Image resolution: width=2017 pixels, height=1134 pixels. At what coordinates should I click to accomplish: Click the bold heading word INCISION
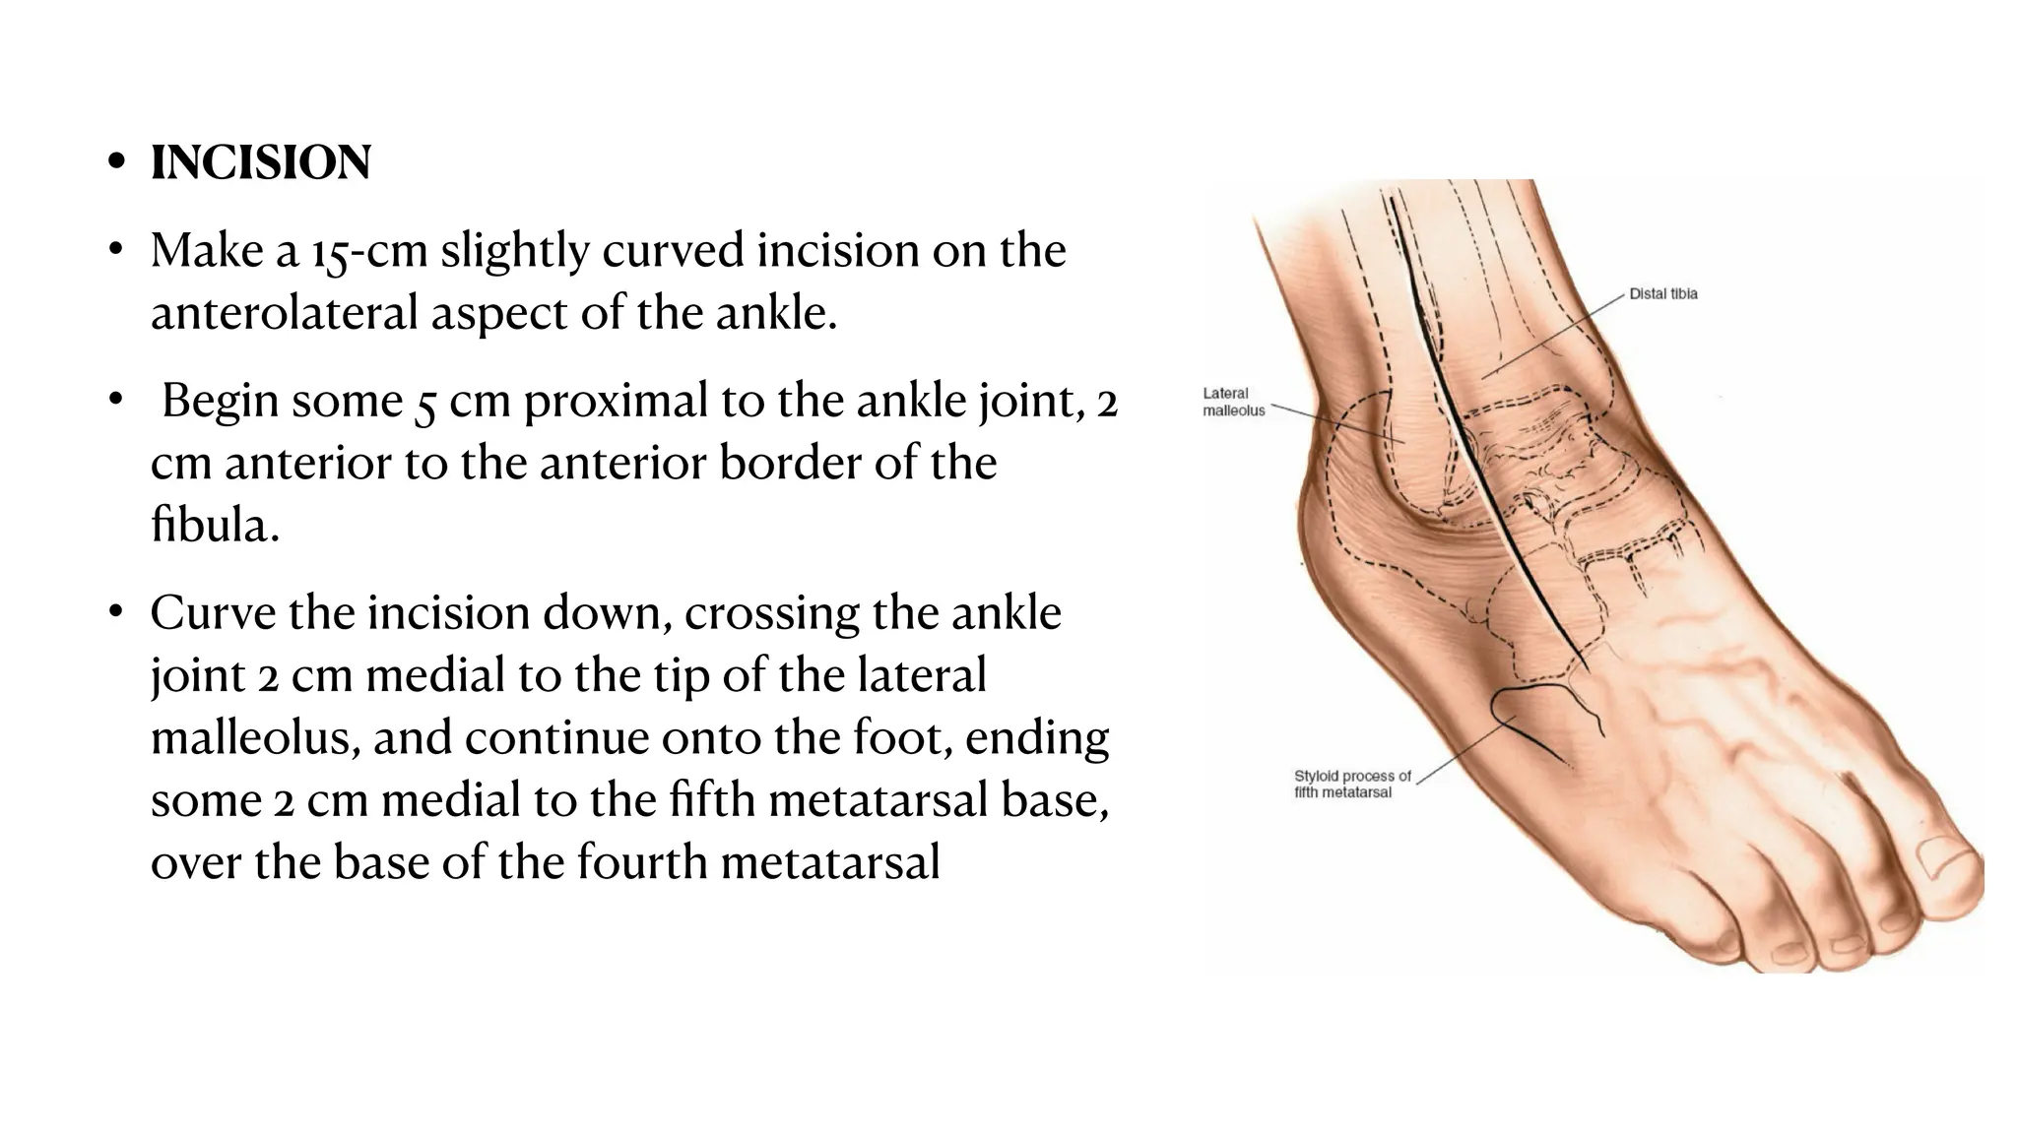point(261,162)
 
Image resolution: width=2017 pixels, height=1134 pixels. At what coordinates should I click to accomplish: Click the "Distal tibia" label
point(1662,293)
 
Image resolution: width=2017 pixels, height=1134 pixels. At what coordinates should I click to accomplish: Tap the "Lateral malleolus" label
point(1233,402)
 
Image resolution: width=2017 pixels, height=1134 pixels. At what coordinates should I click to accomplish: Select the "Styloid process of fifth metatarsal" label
point(1351,784)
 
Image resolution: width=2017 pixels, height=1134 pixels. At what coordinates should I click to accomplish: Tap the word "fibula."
point(215,525)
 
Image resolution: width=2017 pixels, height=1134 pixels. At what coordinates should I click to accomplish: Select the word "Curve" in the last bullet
point(212,613)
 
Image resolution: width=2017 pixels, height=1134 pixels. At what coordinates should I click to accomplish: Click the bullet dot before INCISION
point(117,162)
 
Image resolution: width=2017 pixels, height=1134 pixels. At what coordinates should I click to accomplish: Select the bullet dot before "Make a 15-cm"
point(117,250)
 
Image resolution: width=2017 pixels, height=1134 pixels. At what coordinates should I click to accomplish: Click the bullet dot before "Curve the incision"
point(117,612)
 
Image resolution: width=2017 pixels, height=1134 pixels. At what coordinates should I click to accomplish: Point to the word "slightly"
point(513,251)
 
